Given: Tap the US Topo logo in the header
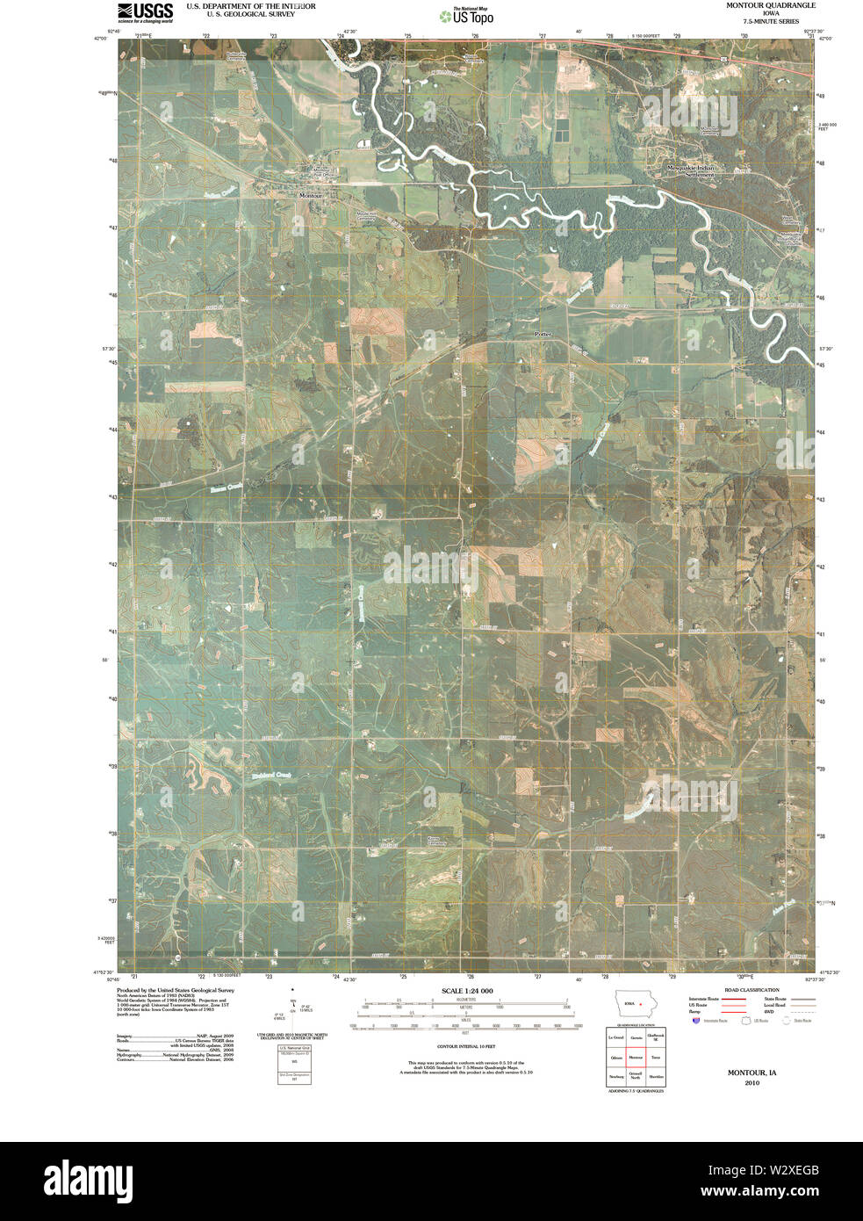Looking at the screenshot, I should (x=472, y=14).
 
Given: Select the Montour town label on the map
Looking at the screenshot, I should (x=311, y=195).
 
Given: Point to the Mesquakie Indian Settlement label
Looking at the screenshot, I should (x=691, y=170).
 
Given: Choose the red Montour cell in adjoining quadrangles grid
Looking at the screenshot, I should (x=635, y=1058).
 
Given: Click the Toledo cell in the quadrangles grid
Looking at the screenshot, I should (x=655, y=1058).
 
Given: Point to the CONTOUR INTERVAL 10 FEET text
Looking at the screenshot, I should (x=465, y=1047).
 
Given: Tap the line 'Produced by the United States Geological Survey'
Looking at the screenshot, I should (x=175, y=989).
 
